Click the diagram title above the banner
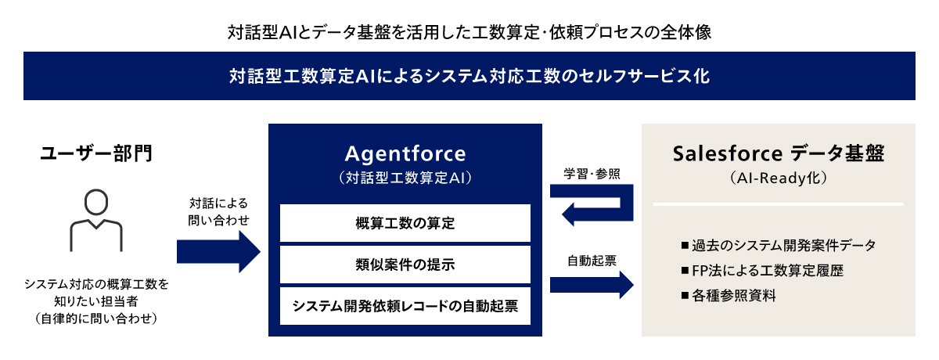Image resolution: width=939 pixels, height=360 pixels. coord(469,32)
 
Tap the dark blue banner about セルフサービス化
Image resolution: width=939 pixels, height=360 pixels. coord(469,76)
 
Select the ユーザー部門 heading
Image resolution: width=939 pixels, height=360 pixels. coord(96,153)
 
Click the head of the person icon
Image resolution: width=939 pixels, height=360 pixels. coord(96,202)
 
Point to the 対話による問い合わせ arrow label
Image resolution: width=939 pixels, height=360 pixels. coord(218,211)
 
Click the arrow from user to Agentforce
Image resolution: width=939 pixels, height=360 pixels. coord(218,252)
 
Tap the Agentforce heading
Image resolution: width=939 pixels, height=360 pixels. coord(405,154)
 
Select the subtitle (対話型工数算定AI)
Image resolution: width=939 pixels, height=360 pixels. coord(405,178)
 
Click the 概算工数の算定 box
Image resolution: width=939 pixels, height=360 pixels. coord(405,223)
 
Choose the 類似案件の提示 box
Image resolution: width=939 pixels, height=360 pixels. coord(405,265)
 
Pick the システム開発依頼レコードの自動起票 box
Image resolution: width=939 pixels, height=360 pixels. coord(405,306)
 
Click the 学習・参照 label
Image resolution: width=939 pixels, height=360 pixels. coord(592,174)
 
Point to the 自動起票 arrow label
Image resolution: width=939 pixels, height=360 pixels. coord(592,261)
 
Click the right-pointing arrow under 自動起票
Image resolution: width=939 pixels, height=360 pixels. coord(592,285)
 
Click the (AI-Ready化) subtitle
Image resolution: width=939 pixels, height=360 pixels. coord(779,178)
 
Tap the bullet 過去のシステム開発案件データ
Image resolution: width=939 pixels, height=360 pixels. coord(779,245)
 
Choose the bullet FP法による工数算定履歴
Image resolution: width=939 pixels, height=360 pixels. coord(762,270)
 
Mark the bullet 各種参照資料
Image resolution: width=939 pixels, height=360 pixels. coord(729,296)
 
